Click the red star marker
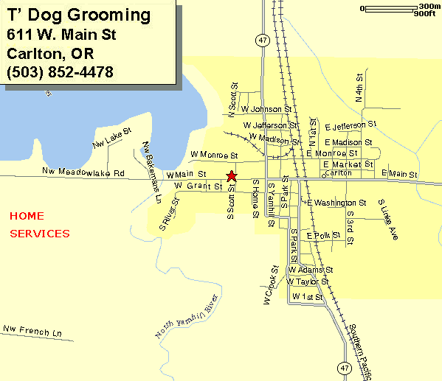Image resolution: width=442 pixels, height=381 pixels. [232, 175]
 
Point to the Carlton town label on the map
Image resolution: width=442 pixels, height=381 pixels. [338, 172]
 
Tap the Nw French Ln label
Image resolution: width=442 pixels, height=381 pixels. [32, 329]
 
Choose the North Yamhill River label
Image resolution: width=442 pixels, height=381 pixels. [187, 315]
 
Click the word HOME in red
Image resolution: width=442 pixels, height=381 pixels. [27, 216]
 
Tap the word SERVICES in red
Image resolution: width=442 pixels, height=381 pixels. [40, 234]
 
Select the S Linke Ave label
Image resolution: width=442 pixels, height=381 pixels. [388, 220]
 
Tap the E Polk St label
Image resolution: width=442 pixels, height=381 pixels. [323, 235]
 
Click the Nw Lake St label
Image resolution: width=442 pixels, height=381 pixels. [111, 137]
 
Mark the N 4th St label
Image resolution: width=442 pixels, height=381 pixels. [359, 88]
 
